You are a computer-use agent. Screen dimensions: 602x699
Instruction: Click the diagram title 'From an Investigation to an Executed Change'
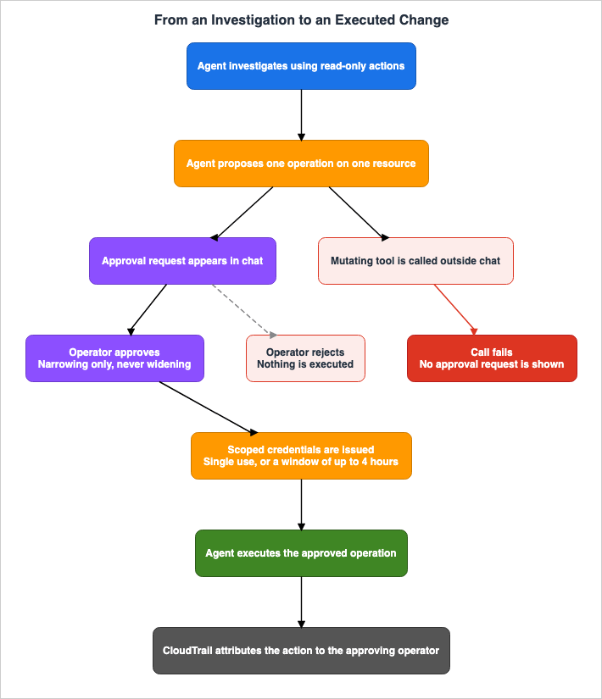[x=301, y=20]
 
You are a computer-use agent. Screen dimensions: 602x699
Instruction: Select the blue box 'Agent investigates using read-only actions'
[x=301, y=66]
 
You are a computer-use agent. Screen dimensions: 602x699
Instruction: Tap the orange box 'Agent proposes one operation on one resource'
[x=301, y=164]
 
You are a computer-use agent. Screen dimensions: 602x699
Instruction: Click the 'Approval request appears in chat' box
[x=182, y=261]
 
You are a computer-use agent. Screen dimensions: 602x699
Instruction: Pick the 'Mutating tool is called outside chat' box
[x=415, y=261]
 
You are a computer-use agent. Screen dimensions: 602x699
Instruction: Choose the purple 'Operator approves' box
[x=114, y=358]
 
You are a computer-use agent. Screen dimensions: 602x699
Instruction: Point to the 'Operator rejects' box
[x=305, y=358]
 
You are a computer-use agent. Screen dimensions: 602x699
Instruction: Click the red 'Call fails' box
[x=492, y=358]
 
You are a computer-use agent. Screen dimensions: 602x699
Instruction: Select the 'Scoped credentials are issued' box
[x=301, y=456]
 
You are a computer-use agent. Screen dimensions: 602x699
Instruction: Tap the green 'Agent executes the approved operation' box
[x=301, y=553]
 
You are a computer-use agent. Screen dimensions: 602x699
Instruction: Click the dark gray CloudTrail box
[x=301, y=651]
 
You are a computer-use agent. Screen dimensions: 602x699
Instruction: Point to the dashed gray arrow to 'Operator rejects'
[x=244, y=310]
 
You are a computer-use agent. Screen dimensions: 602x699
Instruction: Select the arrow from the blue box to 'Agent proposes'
[x=301, y=115]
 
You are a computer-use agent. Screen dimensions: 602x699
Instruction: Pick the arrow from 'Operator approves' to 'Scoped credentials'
[x=209, y=408]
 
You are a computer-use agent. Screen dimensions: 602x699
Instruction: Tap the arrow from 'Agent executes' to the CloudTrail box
[x=301, y=602]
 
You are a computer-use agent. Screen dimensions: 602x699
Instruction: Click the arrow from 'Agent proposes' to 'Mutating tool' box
[x=359, y=214]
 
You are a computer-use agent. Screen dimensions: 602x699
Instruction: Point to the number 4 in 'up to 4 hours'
[x=365, y=462]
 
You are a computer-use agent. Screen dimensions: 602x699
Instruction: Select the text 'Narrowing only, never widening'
[x=114, y=364]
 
